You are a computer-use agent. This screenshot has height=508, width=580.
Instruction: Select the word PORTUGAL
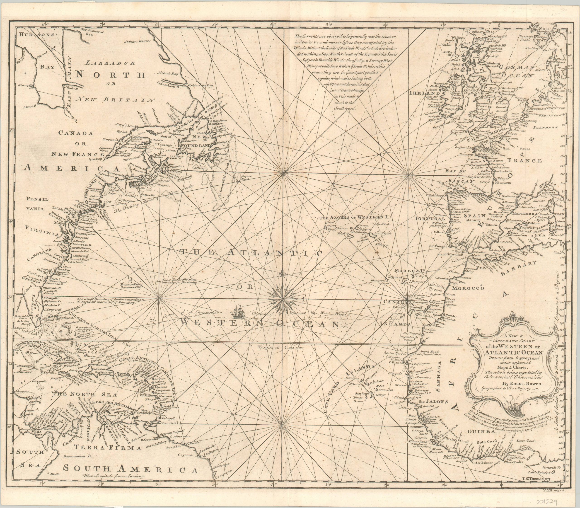(429, 219)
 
